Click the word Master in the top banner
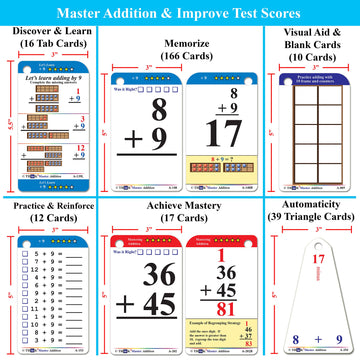(x=105, y=13)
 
